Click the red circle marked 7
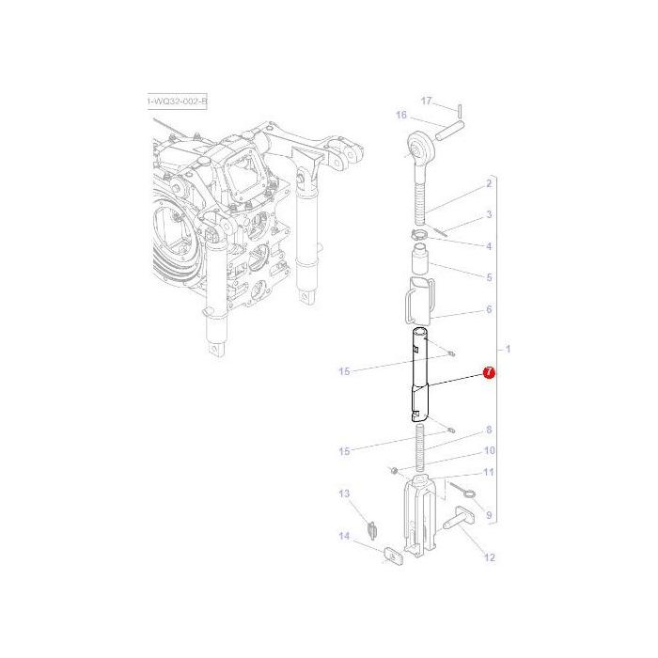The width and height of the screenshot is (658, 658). (x=488, y=373)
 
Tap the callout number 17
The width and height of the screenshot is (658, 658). (x=425, y=101)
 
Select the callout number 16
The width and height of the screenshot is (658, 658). (x=400, y=116)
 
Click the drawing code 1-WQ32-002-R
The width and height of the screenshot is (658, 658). (x=178, y=101)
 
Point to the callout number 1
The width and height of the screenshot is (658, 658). (x=509, y=350)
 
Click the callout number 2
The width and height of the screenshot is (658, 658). (x=489, y=183)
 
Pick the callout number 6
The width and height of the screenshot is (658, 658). (x=489, y=309)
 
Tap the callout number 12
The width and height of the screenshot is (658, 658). (x=489, y=558)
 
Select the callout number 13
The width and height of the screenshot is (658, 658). (x=344, y=494)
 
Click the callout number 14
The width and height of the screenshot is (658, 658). (x=344, y=537)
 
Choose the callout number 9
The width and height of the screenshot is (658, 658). (x=489, y=514)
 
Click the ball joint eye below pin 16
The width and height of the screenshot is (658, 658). (x=415, y=146)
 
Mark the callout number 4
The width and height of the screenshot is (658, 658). (x=489, y=246)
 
